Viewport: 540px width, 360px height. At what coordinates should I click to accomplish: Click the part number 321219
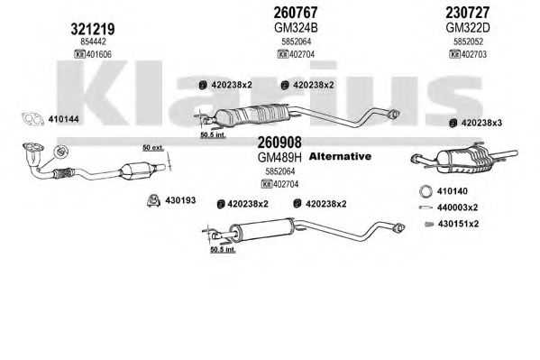pos(93,29)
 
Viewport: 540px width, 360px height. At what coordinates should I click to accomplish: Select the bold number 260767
pos(296,13)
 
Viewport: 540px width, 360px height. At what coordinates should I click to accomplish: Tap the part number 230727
pos(467,13)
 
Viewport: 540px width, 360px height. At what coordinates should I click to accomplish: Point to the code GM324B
pos(296,28)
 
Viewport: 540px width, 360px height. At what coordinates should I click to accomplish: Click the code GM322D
pos(467,28)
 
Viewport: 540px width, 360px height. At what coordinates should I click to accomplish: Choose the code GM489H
pos(279,158)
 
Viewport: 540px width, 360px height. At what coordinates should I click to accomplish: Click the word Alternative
pos(340,156)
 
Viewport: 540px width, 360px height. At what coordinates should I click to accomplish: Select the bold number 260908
pos(279,142)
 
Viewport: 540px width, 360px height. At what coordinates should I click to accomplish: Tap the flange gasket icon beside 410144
pos(32,119)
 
